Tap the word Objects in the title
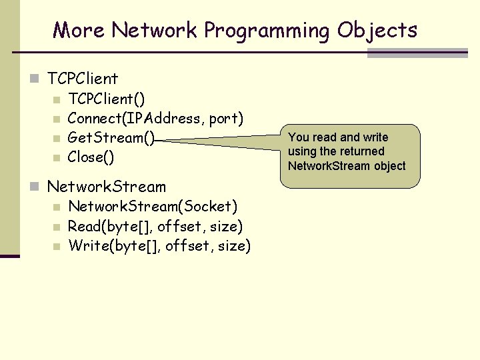[377, 31]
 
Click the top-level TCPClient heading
[83, 79]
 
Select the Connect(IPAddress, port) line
[155, 119]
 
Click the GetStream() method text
[111, 138]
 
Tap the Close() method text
[91, 157]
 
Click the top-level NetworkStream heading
[107, 186]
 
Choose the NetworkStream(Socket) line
[153, 207]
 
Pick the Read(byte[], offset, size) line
[155, 227]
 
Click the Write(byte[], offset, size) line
[159, 246]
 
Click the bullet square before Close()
[57, 158]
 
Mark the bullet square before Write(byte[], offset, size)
[57, 247]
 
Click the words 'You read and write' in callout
[338, 137]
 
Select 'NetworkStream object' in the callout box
[347, 166]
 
